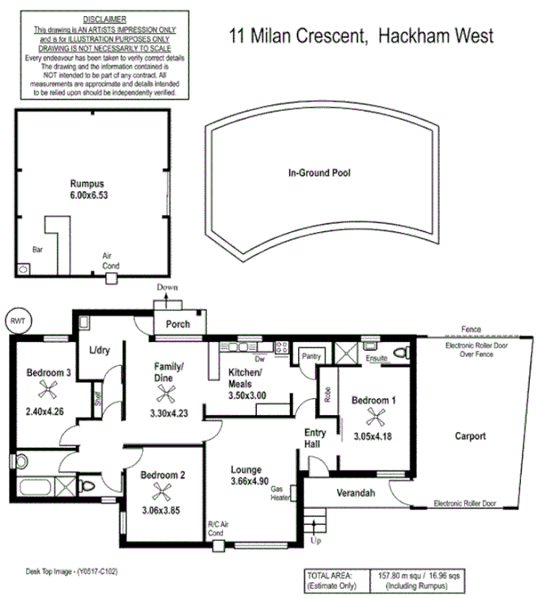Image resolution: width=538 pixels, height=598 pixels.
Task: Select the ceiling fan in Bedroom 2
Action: (x=161, y=489)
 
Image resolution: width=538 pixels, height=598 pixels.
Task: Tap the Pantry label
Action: (x=310, y=355)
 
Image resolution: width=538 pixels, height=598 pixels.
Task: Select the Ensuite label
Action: (x=377, y=359)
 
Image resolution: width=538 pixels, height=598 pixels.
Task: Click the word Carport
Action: (x=469, y=436)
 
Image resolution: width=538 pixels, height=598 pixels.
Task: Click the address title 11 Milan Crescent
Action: (x=299, y=37)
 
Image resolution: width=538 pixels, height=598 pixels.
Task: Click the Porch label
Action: (x=178, y=324)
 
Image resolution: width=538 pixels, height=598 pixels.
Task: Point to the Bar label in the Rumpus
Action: (x=37, y=250)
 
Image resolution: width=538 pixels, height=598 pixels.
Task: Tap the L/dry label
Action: (x=98, y=351)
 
